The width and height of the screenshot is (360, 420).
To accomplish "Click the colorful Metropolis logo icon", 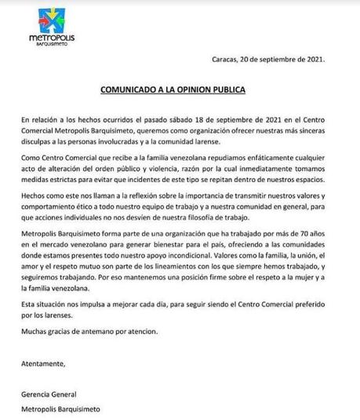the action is click(x=38, y=17).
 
